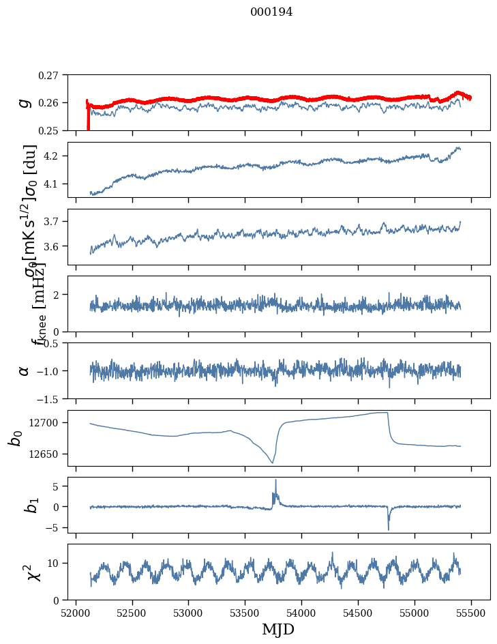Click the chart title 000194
click(x=271, y=12)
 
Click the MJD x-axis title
click(x=279, y=629)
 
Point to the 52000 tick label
click(x=76, y=613)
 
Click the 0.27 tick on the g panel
click(x=48, y=75)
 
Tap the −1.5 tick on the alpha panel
click(x=48, y=398)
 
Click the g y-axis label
click(x=25, y=102)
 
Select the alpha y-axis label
click(x=24, y=370)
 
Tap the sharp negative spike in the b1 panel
click(x=389, y=529)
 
